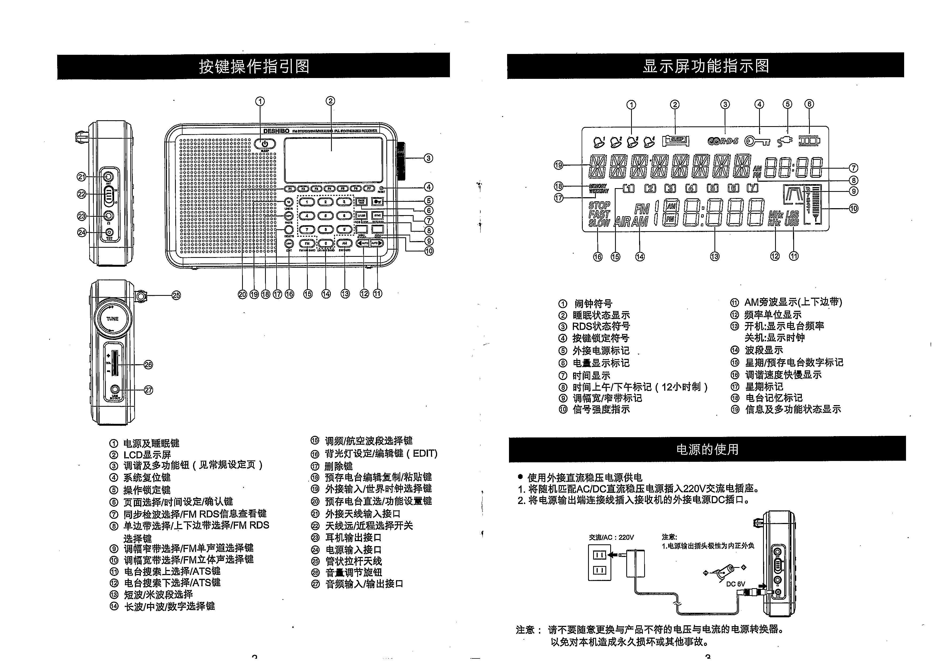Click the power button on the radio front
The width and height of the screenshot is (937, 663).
pos(265,144)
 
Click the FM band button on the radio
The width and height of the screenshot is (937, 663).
pos(307,243)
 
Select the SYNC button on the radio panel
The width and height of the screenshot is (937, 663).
pos(378,215)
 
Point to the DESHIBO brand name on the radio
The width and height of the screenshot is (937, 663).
pos(276,131)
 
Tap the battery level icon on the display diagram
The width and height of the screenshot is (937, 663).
pos(809,141)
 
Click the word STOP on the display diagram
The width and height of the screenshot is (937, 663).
pos(599,205)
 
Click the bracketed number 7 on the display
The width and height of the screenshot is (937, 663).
pos(752,188)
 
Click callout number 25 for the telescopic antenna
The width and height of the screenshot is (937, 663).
pos(176,295)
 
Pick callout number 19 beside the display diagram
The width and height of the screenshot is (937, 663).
pos(558,165)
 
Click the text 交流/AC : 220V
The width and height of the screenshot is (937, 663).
pos(611,537)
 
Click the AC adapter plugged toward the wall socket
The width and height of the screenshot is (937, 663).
pos(635,563)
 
